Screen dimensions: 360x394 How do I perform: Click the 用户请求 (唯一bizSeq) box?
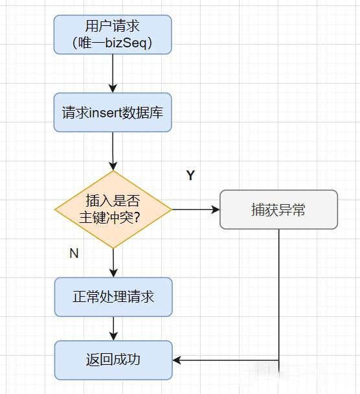(113, 34)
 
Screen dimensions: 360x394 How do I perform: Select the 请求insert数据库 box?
(113, 112)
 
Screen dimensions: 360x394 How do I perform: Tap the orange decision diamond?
(113, 209)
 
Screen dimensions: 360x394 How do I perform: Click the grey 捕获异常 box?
(278, 209)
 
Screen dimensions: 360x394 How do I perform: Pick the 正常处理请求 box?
(113, 297)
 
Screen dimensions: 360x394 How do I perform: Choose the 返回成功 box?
(113, 360)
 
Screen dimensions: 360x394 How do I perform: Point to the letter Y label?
(190, 175)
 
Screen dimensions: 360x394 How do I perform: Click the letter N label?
(74, 253)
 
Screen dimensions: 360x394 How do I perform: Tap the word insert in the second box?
(106, 113)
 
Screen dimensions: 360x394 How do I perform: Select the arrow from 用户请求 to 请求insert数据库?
(113, 73)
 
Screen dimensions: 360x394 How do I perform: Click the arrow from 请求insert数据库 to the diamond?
(113, 151)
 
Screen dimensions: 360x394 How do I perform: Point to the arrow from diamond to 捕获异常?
(196, 209)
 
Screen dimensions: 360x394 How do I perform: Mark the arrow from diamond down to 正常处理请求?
(113, 263)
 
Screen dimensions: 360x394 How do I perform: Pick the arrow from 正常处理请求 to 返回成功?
(113, 329)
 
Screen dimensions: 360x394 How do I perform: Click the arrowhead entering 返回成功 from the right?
(177, 360)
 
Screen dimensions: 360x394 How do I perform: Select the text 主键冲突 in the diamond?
(106, 217)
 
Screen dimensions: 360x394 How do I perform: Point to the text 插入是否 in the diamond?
(113, 200)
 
